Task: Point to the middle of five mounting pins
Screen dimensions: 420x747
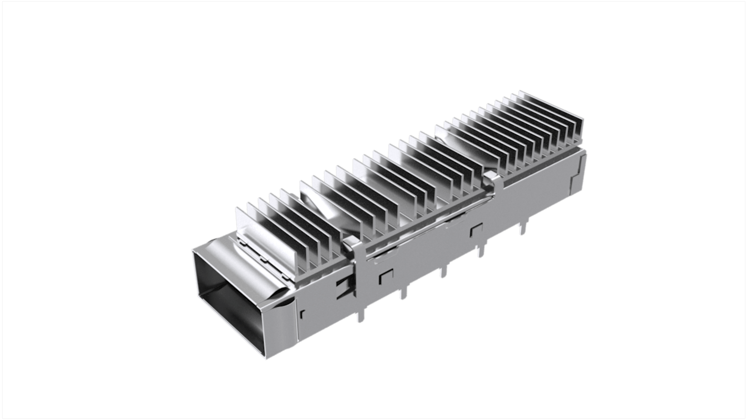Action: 443,272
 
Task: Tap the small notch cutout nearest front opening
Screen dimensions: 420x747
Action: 302,315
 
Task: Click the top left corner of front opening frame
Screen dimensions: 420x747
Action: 193,251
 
